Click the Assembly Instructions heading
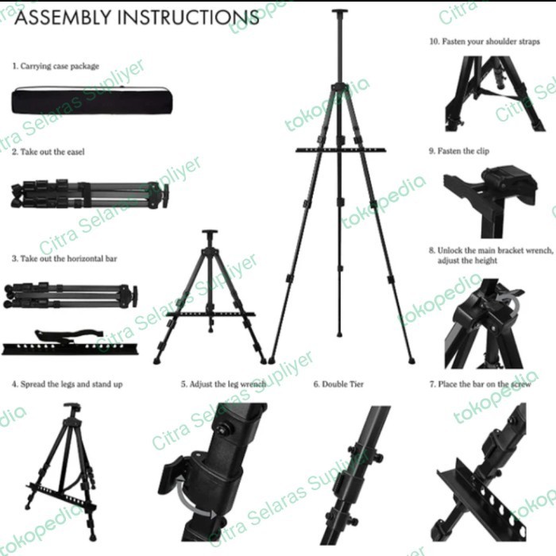[x=136, y=18]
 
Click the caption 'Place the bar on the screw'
[x=477, y=384]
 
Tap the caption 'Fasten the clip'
[x=464, y=151]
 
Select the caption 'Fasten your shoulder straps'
[x=485, y=41]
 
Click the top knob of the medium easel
[x=210, y=234]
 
